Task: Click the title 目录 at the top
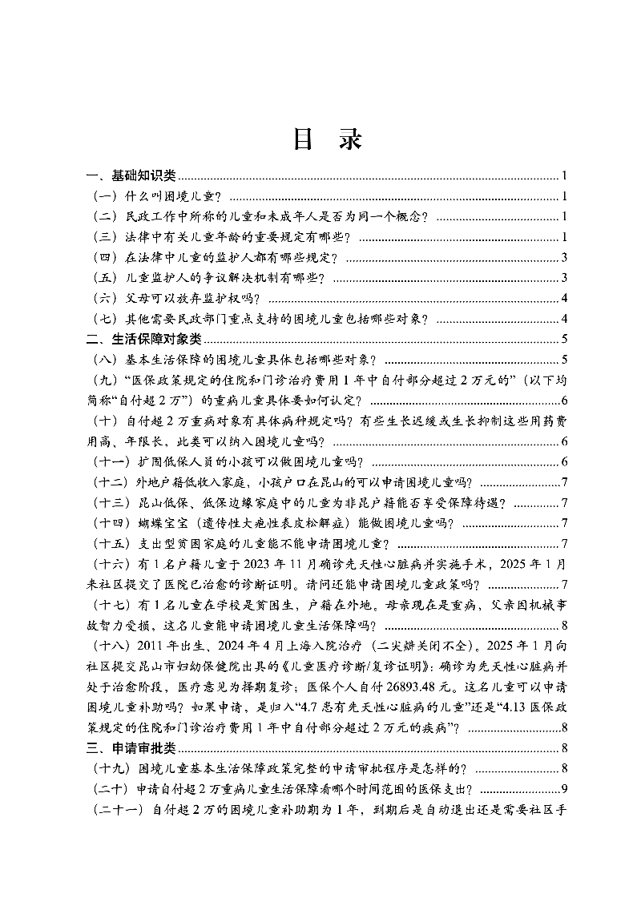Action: tap(326, 139)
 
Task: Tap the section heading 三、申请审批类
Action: tap(132, 749)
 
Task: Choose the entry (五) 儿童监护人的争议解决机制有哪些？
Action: tap(209, 278)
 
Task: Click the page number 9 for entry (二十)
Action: tap(565, 790)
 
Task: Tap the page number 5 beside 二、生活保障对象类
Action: tap(565, 339)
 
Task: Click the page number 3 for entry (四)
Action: tap(565, 257)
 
